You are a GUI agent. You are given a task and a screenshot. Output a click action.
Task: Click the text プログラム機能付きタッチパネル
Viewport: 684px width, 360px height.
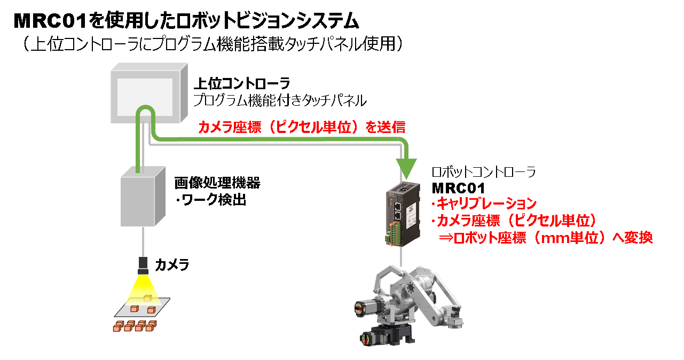coord(280,99)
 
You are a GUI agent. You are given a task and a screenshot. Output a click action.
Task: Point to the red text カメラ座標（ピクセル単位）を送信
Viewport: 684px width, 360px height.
coord(302,127)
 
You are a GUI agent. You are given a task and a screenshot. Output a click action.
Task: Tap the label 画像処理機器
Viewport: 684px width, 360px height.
coord(217,183)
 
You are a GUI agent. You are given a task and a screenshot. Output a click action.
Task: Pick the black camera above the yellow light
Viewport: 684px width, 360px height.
coord(143,264)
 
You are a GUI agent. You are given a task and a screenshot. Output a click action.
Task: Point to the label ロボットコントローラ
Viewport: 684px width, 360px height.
coord(483,172)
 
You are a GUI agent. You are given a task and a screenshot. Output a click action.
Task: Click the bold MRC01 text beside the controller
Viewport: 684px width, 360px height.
coord(458,187)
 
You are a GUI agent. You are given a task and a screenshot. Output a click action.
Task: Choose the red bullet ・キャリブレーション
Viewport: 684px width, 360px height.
coord(484,204)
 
